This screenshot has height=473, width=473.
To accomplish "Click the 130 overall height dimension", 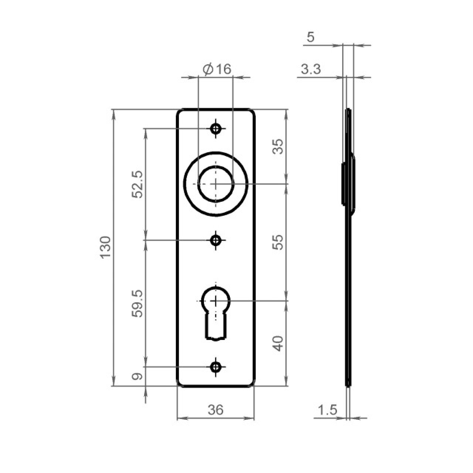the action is coord(106,247).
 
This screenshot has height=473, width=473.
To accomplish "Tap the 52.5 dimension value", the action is coord(137,184).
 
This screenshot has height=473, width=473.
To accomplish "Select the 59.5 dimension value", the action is coord(137,304).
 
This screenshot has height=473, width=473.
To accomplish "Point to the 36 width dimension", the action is coord(216,410).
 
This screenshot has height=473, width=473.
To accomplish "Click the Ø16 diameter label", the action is coord(217,69).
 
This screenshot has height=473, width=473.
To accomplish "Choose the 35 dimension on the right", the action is coord(278,147).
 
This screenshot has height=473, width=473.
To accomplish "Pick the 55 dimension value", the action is coord(278,242).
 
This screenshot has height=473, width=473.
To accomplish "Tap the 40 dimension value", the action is coord(278,344).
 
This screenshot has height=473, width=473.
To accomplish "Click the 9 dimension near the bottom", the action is coord(137,376).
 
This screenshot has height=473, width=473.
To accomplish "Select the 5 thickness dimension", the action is coord(310,37).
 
